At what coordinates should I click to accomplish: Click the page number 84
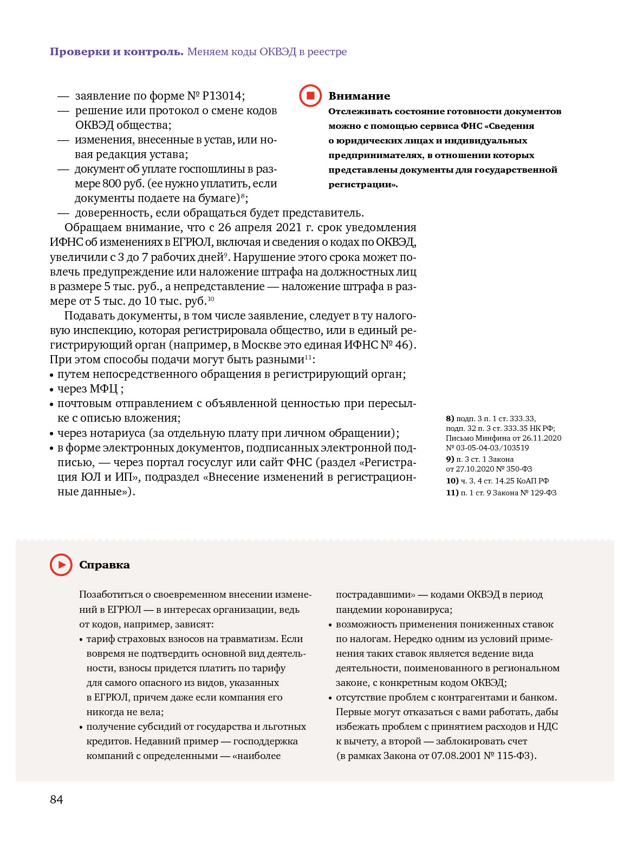coord(56,800)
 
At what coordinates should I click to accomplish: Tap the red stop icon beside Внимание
coord(310,96)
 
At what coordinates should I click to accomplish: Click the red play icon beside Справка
coord(61,565)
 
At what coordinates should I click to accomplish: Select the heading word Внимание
coord(359,96)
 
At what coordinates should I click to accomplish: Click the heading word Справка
coord(105,565)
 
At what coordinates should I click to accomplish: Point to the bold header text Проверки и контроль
coord(116,51)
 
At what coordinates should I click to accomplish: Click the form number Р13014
coord(222,96)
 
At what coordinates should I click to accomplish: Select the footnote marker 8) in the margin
coord(450,418)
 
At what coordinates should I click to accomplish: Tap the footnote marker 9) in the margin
coord(450,459)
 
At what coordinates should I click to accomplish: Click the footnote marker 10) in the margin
coord(452,481)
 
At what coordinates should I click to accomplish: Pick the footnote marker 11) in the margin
coord(452,493)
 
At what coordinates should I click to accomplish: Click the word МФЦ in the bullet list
coord(103,389)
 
